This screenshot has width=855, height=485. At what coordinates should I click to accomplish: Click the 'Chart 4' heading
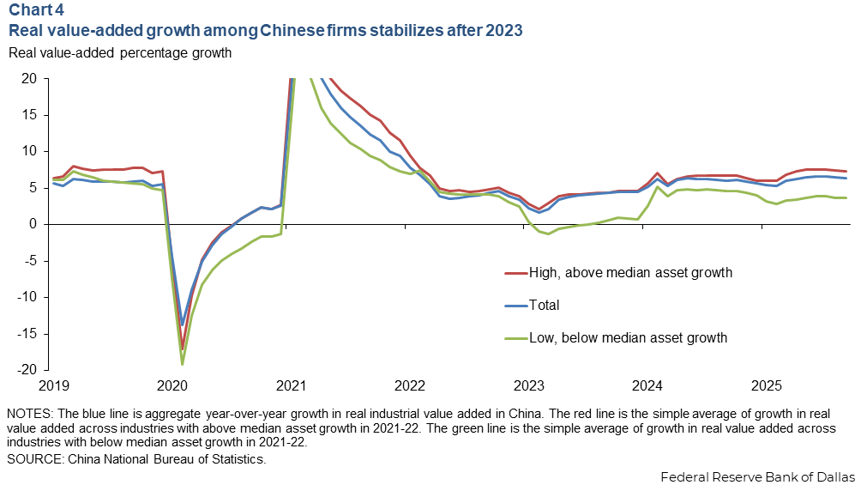(x=36, y=12)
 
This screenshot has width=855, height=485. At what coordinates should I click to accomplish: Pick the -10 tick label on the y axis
(x=28, y=297)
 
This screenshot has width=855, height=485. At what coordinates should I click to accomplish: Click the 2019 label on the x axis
(x=52, y=385)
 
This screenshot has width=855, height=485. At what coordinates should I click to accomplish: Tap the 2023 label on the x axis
(x=528, y=385)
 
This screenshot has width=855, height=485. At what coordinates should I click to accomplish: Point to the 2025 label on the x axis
(x=766, y=385)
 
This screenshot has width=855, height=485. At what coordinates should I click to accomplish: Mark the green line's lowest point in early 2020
(x=183, y=364)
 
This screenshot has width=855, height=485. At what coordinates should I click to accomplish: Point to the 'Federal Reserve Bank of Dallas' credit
(x=756, y=476)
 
